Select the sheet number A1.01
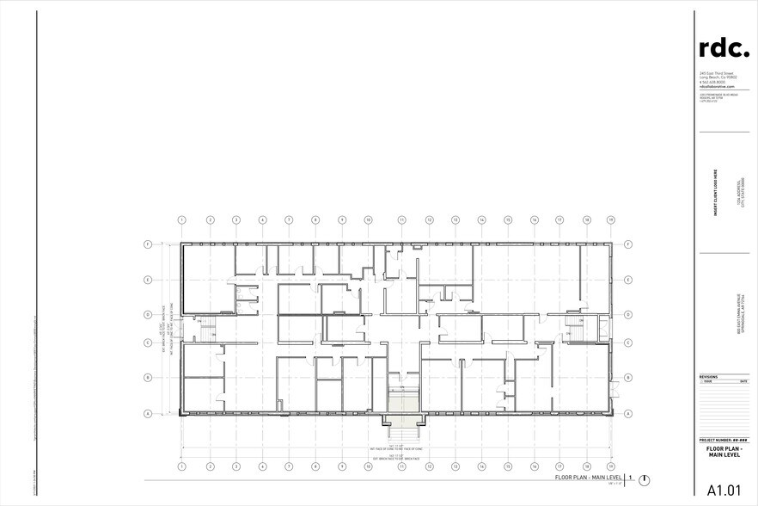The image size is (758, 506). [x=724, y=491]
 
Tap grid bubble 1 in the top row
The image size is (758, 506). [x=182, y=220]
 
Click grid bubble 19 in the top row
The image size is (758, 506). [x=610, y=220]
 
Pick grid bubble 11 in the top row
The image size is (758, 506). [x=401, y=220]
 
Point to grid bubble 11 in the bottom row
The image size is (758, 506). [x=401, y=466]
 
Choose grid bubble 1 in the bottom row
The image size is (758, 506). [x=182, y=466]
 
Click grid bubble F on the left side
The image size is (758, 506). [x=148, y=244]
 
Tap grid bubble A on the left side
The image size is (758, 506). [x=148, y=414]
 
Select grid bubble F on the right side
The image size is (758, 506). [x=629, y=244]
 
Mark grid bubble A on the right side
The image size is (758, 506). [x=629, y=414]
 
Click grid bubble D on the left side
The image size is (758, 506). [x=148, y=314]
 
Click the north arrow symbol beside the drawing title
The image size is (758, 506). [x=645, y=478]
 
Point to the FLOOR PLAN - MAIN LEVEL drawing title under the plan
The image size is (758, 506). [x=589, y=476]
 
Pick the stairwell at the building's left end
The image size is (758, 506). [x=206, y=328]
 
